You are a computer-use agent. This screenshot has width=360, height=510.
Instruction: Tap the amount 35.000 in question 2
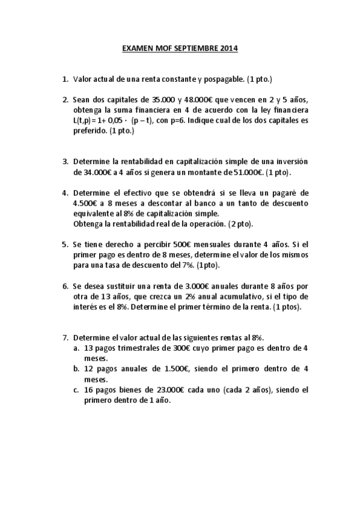[x=153, y=100]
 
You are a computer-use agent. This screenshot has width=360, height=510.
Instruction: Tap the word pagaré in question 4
[x=281, y=193]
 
